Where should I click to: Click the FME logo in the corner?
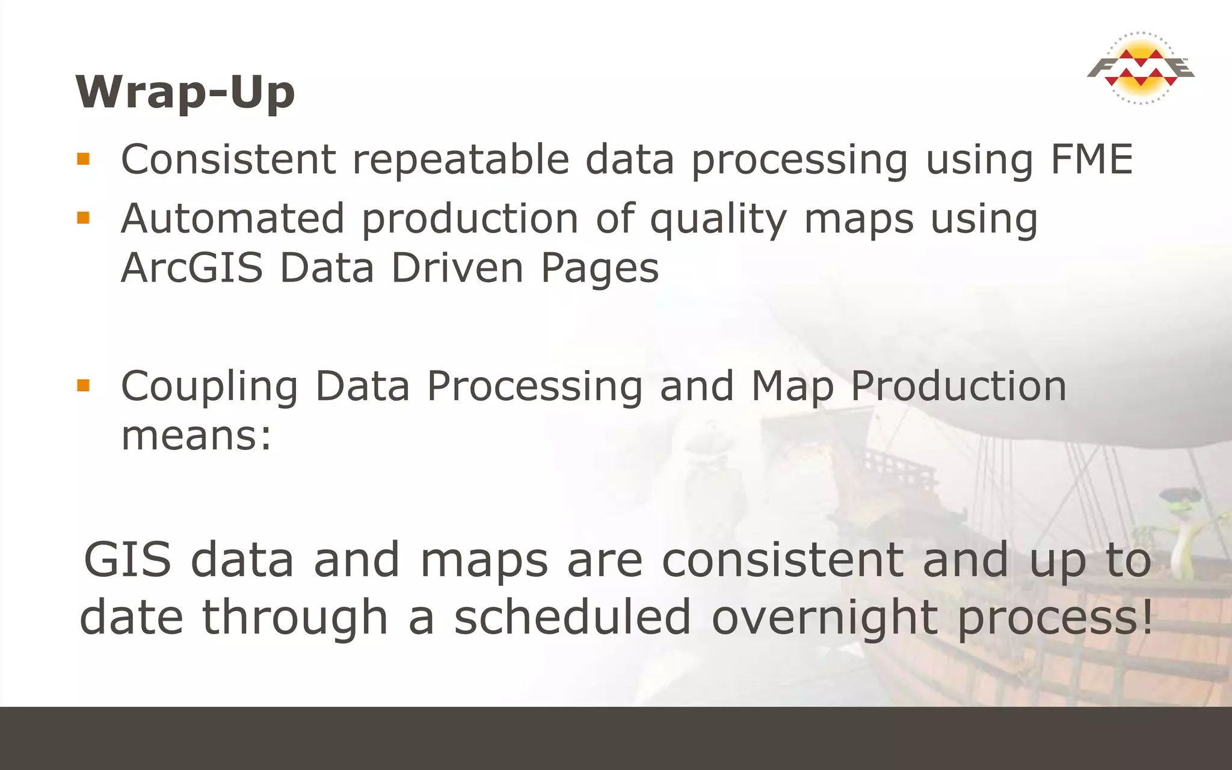[x=1141, y=68]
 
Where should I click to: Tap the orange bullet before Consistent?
[x=83, y=159]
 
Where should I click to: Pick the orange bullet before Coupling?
[x=83, y=385]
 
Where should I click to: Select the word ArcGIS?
[x=192, y=268]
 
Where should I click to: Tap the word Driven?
[x=457, y=268]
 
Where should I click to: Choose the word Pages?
[x=600, y=268]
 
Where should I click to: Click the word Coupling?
[x=209, y=387]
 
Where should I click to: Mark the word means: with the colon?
[x=196, y=436]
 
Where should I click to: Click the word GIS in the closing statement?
[x=128, y=559]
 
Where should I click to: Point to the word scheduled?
[x=572, y=617]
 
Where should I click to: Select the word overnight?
[x=824, y=618]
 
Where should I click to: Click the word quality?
[x=718, y=219]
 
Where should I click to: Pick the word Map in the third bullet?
[x=792, y=387]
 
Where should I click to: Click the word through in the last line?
[x=295, y=618]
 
